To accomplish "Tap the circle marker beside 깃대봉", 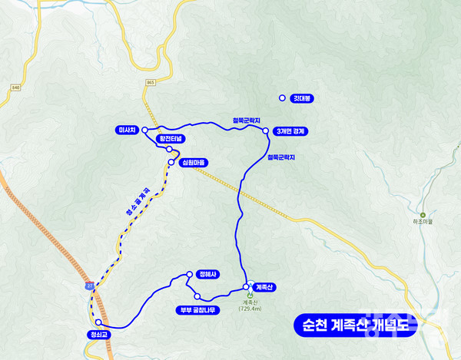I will click(282, 98).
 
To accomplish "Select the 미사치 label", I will click(128, 130).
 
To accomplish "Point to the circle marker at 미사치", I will click(144, 130).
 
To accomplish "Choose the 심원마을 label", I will click(193, 163).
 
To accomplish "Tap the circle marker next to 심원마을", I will click(171, 162).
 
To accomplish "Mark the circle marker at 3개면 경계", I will click(266, 131).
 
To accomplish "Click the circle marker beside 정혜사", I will click(189, 274).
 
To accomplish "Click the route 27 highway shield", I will click(90, 286).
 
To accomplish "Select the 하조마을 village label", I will click(423, 221).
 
